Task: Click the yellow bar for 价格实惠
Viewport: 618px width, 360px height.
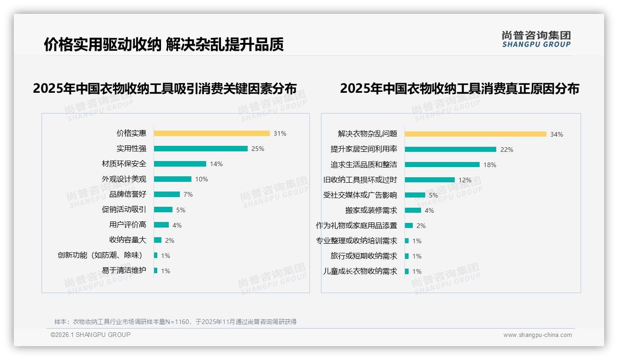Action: coord(212,133)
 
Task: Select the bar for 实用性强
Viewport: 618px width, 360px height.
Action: coord(201,149)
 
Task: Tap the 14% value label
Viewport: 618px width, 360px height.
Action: coord(216,164)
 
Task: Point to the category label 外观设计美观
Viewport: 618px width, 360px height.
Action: coord(124,179)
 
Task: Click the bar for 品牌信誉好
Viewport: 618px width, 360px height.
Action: coord(167,194)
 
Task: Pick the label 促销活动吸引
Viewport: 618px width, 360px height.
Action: coord(124,210)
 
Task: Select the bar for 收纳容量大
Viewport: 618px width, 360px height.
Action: coord(158,240)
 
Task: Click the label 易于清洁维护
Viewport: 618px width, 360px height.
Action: coord(124,270)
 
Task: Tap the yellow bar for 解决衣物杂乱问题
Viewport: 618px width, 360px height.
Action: coord(475,134)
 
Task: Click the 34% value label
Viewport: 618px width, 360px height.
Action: coord(556,134)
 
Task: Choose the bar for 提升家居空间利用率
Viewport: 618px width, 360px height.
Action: coord(451,150)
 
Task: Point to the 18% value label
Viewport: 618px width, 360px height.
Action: coord(489,165)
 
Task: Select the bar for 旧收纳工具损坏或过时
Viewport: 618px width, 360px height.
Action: coord(430,180)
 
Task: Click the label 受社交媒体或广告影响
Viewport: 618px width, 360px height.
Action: coord(360,195)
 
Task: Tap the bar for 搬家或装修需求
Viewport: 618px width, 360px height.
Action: coord(413,210)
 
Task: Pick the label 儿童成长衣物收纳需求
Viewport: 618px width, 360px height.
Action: coord(360,271)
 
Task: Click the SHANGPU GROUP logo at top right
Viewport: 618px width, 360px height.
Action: coord(536,39)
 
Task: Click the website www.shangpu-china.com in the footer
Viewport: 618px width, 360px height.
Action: coord(537,335)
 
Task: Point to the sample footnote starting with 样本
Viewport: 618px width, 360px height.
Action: coord(175,322)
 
